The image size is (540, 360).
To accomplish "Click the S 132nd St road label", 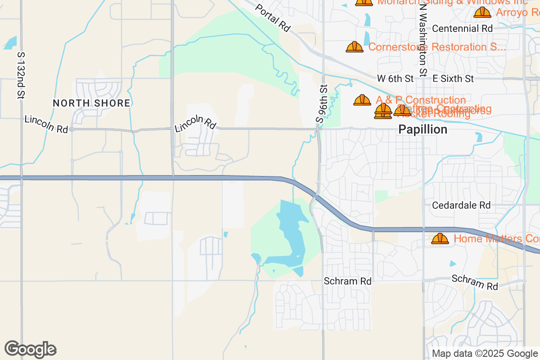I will [21, 75].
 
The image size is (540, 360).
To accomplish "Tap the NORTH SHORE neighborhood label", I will [91, 103].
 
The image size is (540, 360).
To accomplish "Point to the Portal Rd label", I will [273, 18].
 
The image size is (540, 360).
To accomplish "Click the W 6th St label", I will [395, 78].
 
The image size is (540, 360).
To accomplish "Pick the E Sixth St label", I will [453, 78].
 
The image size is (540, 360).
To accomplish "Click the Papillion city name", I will [423, 130].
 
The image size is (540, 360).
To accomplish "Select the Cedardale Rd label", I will [461, 205].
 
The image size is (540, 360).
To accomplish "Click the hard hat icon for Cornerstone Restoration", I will [355, 47].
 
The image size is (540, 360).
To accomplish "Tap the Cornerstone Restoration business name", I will [437, 47].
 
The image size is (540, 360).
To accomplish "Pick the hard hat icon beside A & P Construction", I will [362, 100].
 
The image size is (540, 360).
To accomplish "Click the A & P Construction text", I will [421, 100].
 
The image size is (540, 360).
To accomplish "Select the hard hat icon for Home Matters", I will [440, 238].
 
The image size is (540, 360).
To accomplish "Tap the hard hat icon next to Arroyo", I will [482, 12].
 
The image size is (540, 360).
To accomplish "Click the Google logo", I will [30, 349].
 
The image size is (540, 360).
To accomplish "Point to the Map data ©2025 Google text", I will [485, 353].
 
